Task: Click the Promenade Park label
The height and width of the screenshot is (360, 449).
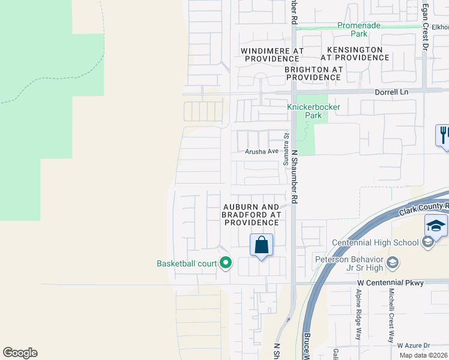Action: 359,30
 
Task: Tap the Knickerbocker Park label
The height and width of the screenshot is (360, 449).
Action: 313,111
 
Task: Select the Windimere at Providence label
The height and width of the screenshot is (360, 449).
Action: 272,55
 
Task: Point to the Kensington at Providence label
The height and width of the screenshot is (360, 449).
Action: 354,53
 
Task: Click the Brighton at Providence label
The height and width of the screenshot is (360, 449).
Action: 313,73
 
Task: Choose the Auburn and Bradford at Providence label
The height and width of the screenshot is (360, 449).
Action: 252,214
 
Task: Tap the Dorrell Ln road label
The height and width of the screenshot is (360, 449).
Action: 391,92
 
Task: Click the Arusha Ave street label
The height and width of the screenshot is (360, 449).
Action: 262,152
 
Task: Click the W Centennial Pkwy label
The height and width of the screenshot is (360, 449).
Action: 390,283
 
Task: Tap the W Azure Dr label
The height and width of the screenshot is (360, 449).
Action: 414,346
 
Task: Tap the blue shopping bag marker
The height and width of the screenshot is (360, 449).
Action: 261,245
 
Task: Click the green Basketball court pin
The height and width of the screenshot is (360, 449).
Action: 226,263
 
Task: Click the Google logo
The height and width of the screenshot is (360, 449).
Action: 20,353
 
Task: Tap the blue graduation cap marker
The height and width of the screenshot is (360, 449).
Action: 436,226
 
